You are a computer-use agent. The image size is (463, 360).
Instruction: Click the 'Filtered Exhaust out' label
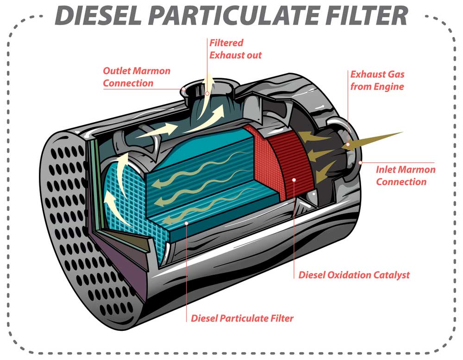235,49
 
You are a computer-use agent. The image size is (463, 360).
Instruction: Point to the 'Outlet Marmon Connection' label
137,77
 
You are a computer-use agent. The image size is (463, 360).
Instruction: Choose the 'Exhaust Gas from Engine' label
377,80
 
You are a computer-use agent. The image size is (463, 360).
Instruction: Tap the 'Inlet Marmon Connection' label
406,175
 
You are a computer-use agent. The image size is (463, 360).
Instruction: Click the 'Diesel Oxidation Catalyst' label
354,275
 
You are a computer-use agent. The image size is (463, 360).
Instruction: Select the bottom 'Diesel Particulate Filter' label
242,318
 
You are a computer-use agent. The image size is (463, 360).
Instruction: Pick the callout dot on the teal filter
186,223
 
